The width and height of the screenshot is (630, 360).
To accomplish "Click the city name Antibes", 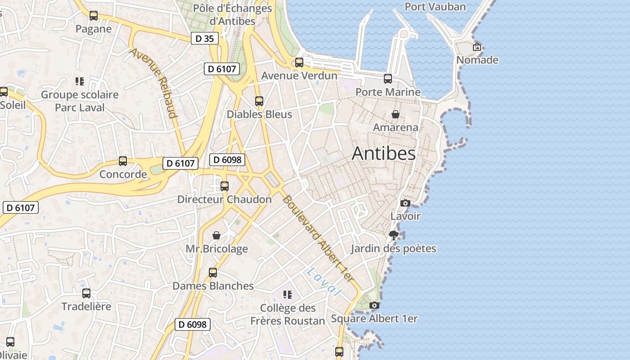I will [x=384, y=153].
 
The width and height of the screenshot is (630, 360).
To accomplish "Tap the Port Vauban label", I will [x=435, y=7].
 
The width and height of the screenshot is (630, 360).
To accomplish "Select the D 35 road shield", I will [x=205, y=39].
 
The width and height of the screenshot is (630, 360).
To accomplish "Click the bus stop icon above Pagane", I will [x=94, y=16].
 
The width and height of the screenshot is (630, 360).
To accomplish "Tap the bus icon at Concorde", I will [x=123, y=161].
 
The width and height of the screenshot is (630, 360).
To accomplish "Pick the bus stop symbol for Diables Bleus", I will [x=259, y=101].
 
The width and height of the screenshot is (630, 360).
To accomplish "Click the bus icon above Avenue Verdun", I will [x=299, y=63].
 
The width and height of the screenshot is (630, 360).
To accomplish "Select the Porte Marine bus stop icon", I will [x=388, y=79].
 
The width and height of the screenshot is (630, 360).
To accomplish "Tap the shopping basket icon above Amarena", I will [x=396, y=114].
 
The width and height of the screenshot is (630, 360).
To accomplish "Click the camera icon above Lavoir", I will [x=405, y=203].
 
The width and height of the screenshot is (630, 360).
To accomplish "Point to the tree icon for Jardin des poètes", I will [x=394, y=235].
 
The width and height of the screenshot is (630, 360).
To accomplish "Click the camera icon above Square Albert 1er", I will [x=374, y=306].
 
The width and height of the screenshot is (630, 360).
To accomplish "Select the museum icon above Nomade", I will [x=477, y=47].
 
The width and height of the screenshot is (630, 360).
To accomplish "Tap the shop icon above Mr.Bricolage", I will [x=217, y=235].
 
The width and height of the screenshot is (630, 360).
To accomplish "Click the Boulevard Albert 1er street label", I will [x=318, y=239].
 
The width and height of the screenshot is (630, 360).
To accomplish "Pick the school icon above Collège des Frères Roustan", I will [x=288, y=295].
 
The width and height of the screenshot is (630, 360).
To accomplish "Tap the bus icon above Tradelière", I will [x=86, y=293].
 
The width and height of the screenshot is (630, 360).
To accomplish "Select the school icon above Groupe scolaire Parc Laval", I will [x=80, y=81].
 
